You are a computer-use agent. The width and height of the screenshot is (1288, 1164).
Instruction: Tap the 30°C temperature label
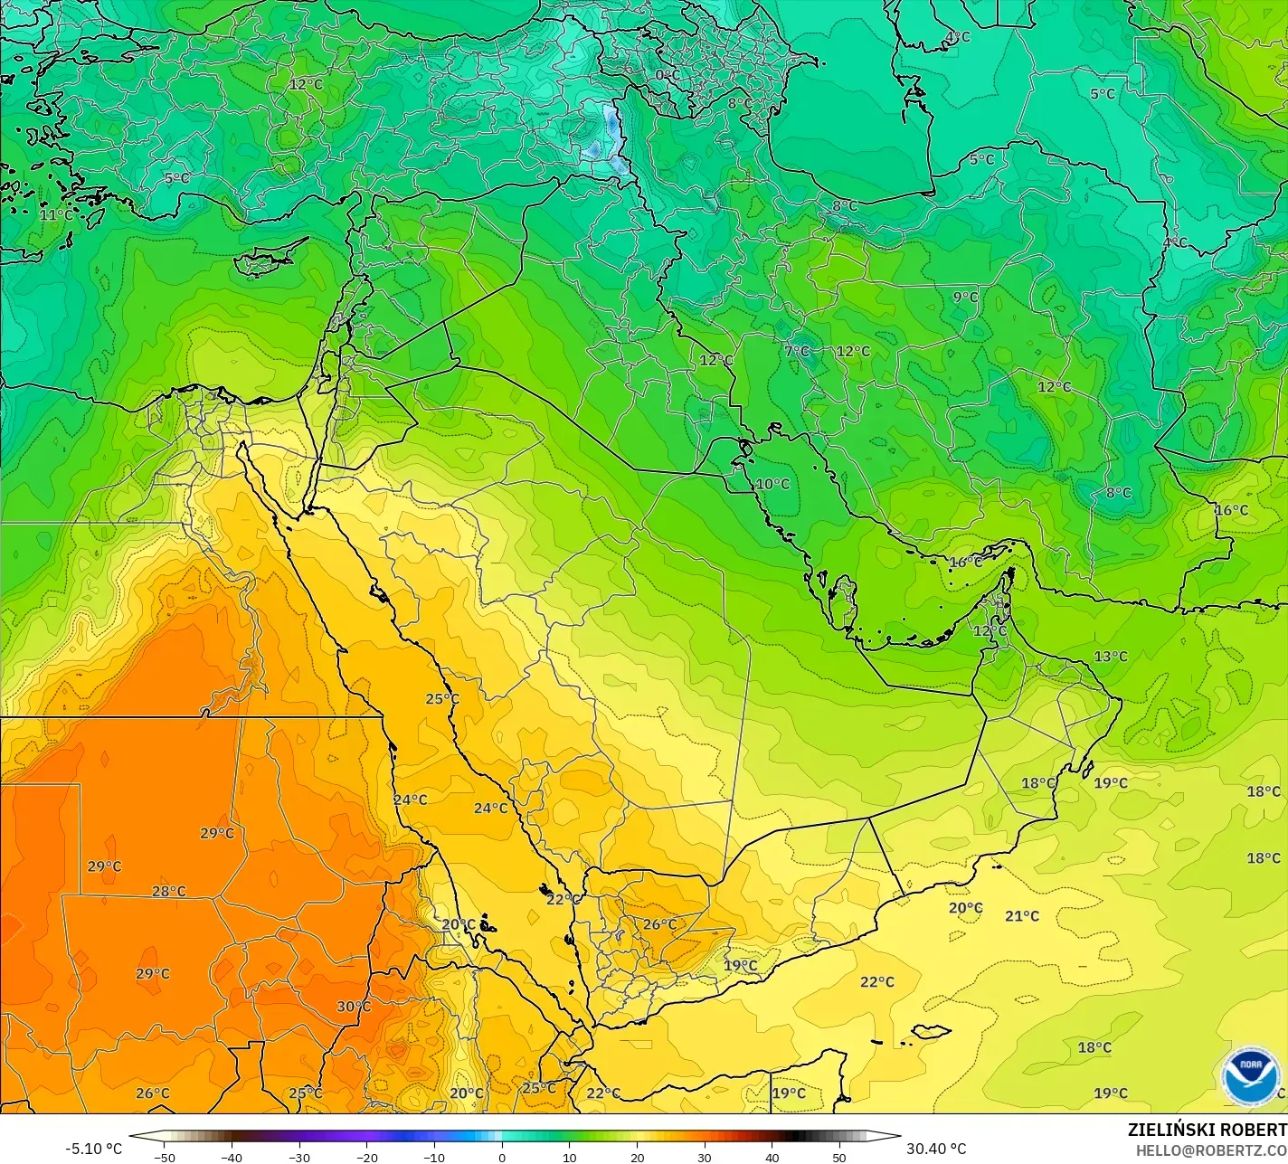click(x=354, y=1007)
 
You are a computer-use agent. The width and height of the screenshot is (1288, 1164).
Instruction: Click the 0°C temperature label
click(x=668, y=75)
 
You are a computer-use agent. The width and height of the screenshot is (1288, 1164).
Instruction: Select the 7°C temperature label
click(x=797, y=351)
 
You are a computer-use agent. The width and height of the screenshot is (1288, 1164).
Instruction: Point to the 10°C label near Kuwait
click(x=772, y=484)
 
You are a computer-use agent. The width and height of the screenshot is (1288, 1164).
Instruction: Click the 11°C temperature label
click(x=56, y=215)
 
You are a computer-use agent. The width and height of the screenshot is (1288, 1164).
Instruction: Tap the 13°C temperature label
click(x=1111, y=657)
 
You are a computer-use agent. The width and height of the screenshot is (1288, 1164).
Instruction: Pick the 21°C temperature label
click(x=1022, y=916)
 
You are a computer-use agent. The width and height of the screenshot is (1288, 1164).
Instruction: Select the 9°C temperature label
click(x=965, y=297)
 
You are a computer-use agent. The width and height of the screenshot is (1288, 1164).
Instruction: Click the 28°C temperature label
click(x=168, y=892)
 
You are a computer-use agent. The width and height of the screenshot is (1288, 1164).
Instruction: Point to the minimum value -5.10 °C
click(x=93, y=1149)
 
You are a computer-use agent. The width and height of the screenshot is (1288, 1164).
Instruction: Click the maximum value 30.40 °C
click(x=936, y=1149)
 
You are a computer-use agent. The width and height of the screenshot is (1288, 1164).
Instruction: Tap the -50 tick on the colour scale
click(x=164, y=1158)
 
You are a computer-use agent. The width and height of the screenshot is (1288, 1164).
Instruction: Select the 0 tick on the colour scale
click(x=502, y=1158)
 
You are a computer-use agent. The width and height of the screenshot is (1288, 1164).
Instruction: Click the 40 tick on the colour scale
click(x=772, y=1158)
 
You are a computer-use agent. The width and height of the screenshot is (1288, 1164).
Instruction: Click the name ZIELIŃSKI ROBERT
click(x=1207, y=1131)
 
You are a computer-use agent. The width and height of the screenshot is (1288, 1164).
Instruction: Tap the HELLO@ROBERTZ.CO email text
click(x=1211, y=1150)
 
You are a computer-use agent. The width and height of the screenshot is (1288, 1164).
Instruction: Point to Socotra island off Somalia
click(x=930, y=1031)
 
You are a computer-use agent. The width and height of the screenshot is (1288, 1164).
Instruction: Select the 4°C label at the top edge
click(x=957, y=37)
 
